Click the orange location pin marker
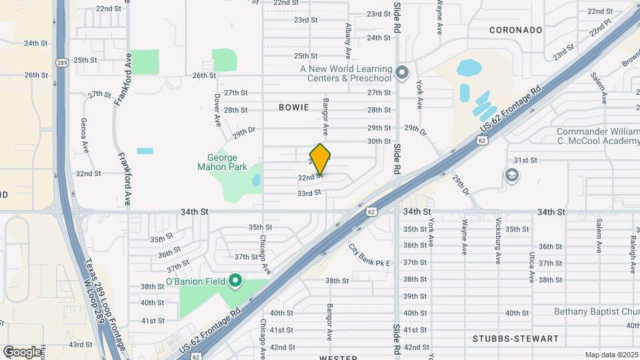point(321,159)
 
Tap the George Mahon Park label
point(222,162)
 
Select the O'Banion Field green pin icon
point(235,281)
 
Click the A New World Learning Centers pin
point(401,73)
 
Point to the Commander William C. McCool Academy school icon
point(512,175)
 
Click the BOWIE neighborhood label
point(294,107)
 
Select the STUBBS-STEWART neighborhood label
point(526,339)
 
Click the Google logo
point(22,351)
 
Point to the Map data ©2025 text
point(611,355)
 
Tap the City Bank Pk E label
point(369,255)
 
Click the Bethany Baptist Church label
point(596,311)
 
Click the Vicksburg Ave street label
point(498,240)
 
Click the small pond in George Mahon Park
point(256,180)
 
